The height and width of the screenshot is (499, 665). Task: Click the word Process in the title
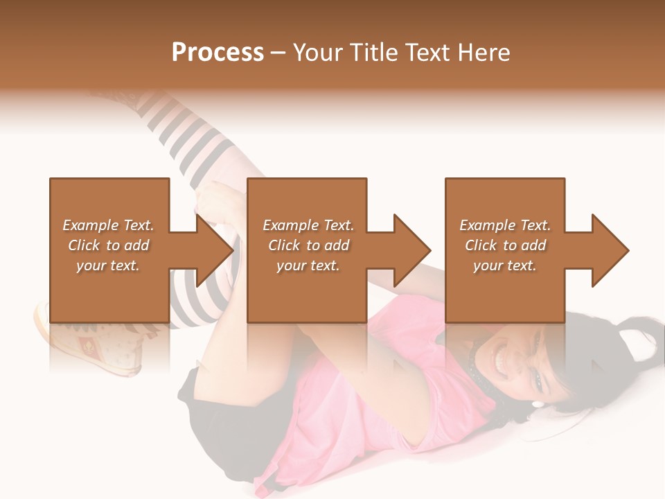pos(218,53)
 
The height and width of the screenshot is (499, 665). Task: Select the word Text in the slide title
pos(427,53)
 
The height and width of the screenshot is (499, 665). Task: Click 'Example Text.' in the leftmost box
pos(108,225)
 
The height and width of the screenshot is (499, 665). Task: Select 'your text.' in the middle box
pos(308,265)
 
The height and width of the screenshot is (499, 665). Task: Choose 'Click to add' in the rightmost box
pos(505,245)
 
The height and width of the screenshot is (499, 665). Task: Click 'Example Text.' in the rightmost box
pos(505,225)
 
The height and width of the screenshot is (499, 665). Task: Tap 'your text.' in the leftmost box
pos(108,265)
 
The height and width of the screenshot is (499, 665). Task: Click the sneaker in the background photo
pos(90,340)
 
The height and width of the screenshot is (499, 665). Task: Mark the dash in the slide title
pos(278,53)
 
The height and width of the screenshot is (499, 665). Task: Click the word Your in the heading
pos(317,53)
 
